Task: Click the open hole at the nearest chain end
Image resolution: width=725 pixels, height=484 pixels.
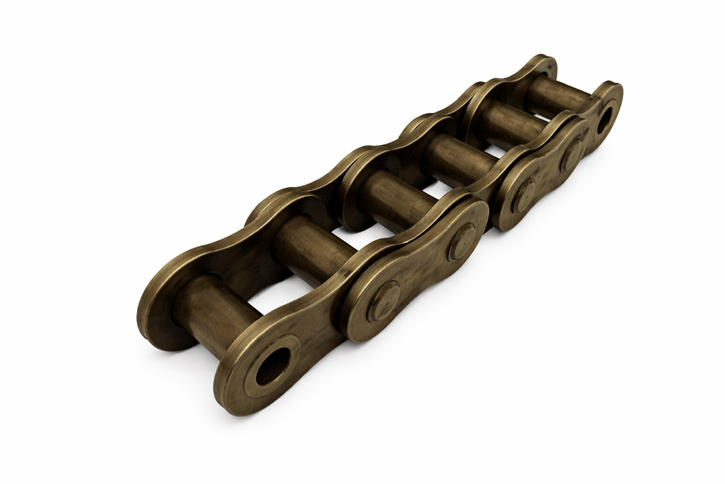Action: click(x=272, y=369)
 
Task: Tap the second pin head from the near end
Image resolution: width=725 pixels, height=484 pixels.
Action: click(x=461, y=241)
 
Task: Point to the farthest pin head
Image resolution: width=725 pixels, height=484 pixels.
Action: click(x=572, y=153)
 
